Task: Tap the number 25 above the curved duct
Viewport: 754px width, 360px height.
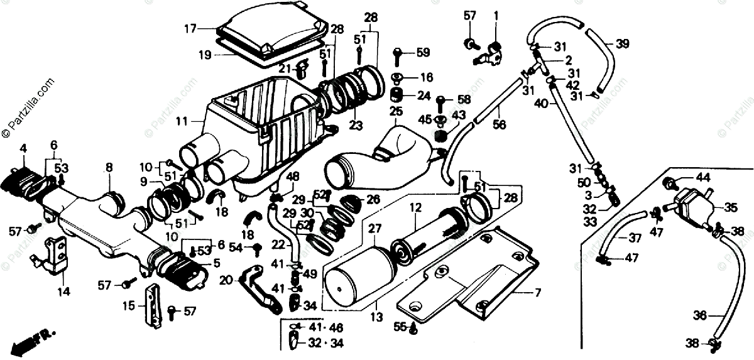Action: pos(395,112)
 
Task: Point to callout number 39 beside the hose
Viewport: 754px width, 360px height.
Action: pos(621,43)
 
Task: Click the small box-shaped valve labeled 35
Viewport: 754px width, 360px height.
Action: pos(694,207)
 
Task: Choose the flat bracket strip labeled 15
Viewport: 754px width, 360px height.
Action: pos(151,306)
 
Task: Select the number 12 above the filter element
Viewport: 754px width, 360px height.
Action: pos(415,206)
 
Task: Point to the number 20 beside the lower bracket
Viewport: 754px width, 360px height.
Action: pos(226,280)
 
